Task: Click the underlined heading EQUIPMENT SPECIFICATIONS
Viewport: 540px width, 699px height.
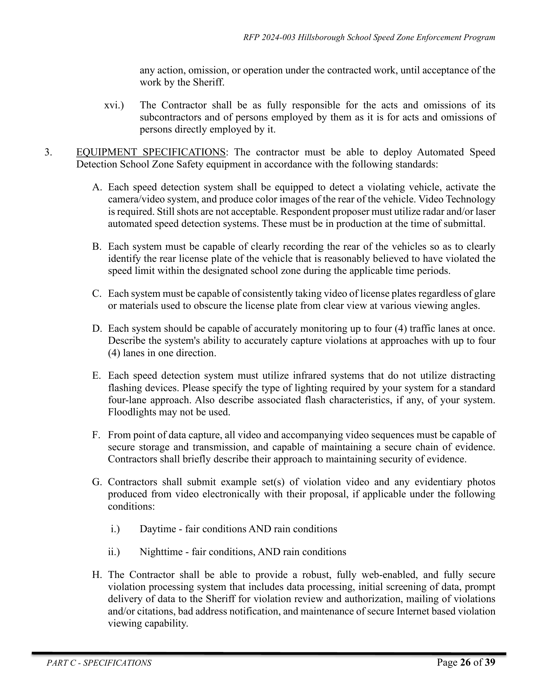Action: (151, 152)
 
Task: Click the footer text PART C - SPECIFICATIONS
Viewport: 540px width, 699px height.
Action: (99, 663)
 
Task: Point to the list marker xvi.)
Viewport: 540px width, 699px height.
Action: (114, 105)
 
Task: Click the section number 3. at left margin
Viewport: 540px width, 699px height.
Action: (48, 152)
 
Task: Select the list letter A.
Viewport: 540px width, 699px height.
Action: (97, 187)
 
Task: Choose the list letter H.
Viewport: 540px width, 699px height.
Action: (97, 575)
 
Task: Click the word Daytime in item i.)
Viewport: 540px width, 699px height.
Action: (158, 529)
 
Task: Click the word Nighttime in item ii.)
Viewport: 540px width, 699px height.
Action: (161, 552)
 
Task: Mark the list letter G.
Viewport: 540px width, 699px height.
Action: (97, 482)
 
